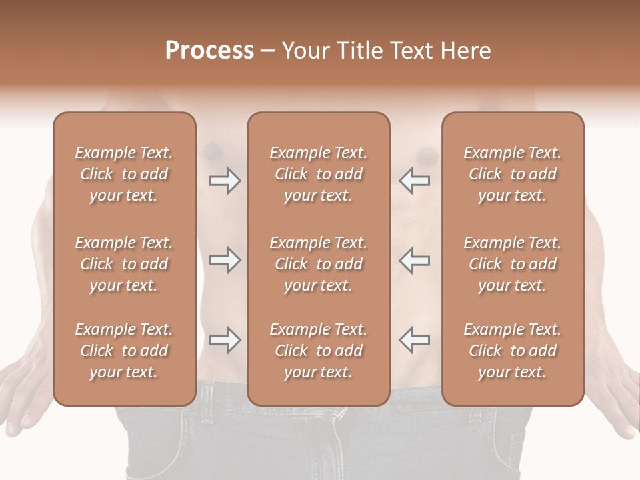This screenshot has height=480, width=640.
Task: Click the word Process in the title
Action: (x=209, y=51)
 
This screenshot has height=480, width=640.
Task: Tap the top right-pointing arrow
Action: (x=225, y=181)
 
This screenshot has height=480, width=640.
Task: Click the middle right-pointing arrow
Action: (x=225, y=260)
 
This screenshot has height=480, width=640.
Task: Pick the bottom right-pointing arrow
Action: (x=225, y=340)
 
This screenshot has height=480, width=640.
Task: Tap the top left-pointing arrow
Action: (x=415, y=181)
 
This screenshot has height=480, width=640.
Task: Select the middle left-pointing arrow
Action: (x=415, y=260)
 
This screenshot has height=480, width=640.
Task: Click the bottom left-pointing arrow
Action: (x=415, y=340)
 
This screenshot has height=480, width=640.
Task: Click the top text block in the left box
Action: (x=124, y=174)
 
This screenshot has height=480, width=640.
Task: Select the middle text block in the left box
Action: (x=124, y=264)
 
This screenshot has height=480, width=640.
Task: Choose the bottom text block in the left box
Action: (x=124, y=351)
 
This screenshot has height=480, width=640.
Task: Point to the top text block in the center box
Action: (x=318, y=174)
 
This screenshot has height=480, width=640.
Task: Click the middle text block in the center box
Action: (x=318, y=264)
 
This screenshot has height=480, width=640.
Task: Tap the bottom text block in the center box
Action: (x=318, y=351)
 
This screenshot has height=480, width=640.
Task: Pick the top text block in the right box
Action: (x=513, y=174)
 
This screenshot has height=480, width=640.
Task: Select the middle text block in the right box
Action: (x=513, y=264)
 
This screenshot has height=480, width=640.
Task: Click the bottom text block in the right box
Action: (x=513, y=351)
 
